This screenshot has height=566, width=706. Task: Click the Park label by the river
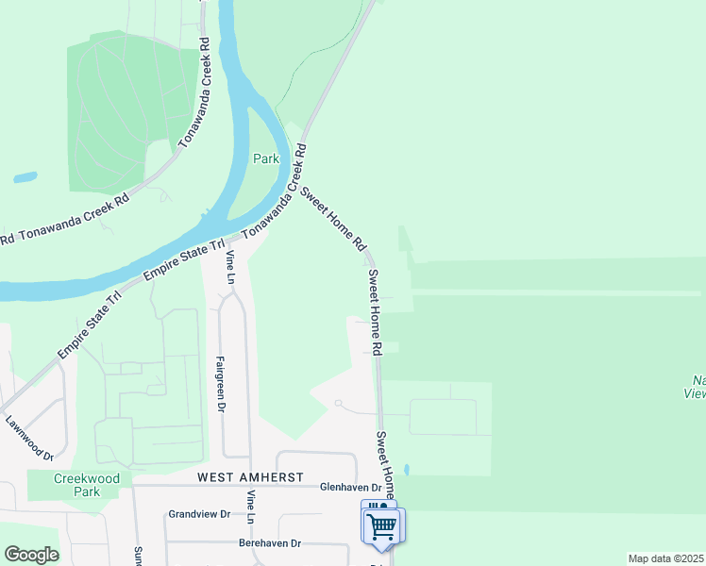(x=266, y=159)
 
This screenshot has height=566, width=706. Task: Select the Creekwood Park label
(x=87, y=485)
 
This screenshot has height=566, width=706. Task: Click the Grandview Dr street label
(x=199, y=515)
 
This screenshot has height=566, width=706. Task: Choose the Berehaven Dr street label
(x=269, y=543)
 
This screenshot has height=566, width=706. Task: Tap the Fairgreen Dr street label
(x=222, y=384)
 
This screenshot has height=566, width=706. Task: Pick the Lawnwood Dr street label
(x=29, y=439)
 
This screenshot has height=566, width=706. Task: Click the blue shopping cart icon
(x=382, y=525)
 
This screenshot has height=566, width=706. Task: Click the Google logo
(x=31, y=555)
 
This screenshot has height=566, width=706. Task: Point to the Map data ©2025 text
(x=665, y=558)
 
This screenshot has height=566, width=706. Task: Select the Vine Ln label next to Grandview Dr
(x=252, y=508)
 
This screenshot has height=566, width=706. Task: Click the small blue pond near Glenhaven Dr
(x=406, y=470)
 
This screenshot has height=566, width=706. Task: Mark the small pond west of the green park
(x=25, y=176)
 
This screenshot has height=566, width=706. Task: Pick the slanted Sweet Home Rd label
(x=332, y=218)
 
